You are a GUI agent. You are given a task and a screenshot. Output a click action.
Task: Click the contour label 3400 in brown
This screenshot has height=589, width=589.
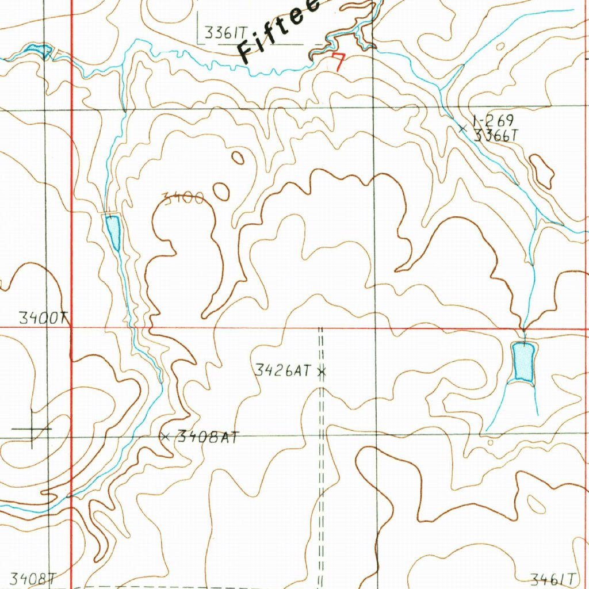(182, 199)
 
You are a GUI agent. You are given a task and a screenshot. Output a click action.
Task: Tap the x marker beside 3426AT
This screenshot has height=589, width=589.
(322, 372)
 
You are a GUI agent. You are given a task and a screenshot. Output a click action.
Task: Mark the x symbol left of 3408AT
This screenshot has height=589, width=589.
(166, 437)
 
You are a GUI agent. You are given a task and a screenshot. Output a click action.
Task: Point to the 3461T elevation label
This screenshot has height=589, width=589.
(553, 578)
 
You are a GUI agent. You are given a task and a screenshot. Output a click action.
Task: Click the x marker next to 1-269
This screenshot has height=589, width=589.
(462, 129)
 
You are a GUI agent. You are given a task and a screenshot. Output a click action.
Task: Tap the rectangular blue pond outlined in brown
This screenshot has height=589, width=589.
(523, 361)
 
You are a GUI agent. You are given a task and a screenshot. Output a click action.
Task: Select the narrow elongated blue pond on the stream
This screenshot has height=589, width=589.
(113, 231)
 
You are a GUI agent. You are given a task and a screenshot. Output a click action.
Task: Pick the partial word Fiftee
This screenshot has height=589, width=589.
(282, 32)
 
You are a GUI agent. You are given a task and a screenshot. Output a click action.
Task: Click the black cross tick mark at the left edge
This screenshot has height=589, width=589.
(32, 429)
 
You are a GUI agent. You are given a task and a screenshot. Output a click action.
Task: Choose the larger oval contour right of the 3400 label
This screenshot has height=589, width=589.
(221, 192)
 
